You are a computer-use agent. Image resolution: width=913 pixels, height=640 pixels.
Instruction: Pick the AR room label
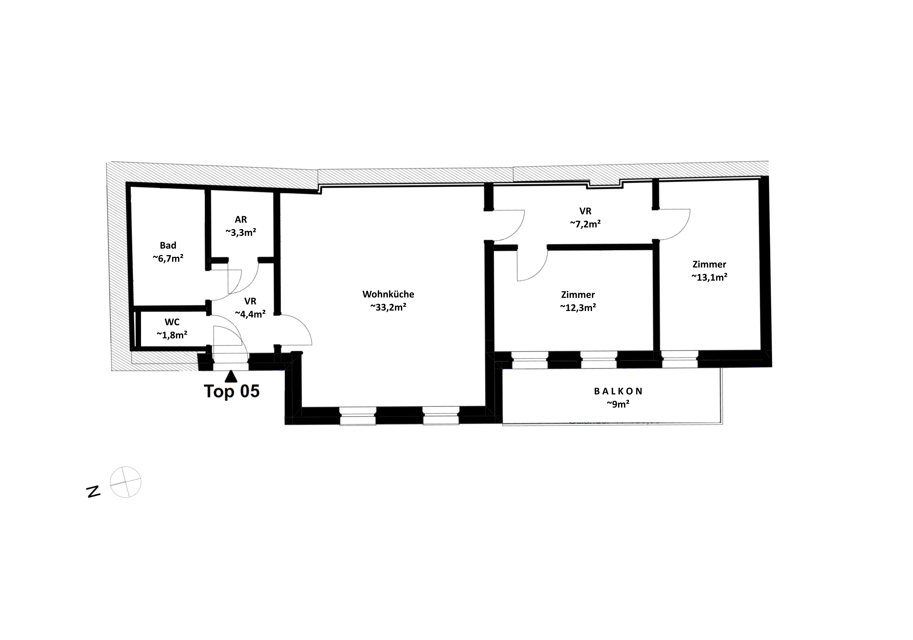(x=241, y=220)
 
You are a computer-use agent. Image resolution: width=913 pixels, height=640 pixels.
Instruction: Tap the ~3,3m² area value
(x=241, y=232)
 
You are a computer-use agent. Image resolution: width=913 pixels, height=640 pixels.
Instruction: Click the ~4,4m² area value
(x=250, y=314)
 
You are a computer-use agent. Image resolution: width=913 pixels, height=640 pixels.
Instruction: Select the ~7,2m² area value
(x=585, y=224)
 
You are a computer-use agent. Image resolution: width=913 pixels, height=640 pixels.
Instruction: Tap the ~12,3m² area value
(x=578, y=307)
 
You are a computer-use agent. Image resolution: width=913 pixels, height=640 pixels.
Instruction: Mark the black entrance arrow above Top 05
(x=231, y=376)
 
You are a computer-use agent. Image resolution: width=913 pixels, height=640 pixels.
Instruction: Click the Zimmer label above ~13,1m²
(x=709, y=264)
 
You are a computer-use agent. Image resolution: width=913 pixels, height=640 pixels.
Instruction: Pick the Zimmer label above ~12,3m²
(x=578, y=295)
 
